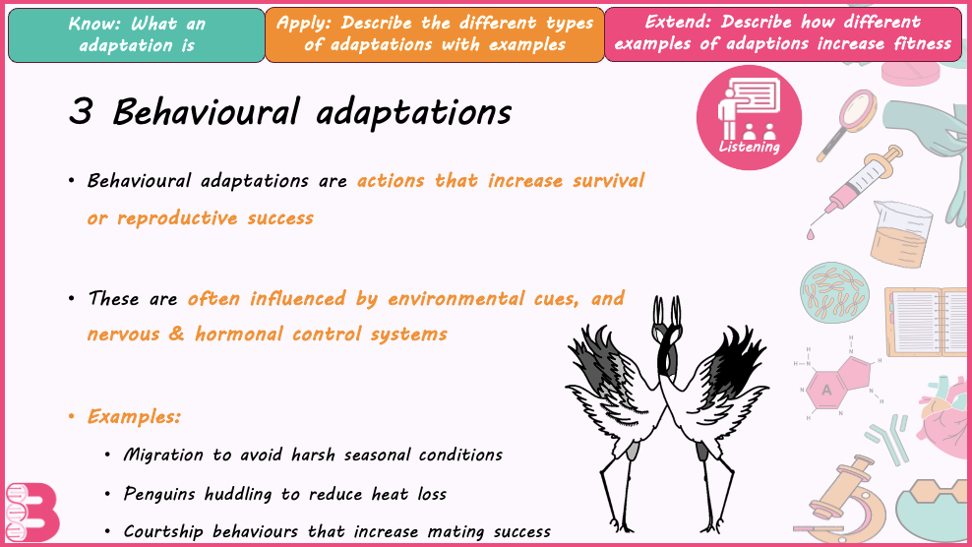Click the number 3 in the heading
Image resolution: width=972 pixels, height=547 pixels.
coord(82,111)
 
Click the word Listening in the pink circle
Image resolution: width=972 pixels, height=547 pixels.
coord(749,147)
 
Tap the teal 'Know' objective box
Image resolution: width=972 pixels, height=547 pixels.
coord(137,34)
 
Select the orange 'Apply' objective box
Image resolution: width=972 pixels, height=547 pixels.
coord(435,34)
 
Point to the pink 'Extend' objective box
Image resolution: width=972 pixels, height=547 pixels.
coord(783,34)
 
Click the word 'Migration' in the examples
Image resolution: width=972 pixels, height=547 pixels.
coord(163,456)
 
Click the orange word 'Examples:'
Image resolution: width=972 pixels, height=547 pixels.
coord(134,417)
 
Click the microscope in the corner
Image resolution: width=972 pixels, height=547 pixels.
coord(848,503)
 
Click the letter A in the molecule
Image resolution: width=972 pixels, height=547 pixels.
coord(825,391)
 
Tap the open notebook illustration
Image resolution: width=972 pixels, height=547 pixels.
coord(928,322)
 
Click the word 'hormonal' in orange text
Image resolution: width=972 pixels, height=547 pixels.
coord(239,334)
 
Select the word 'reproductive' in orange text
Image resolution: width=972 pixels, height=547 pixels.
coord(177,218)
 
